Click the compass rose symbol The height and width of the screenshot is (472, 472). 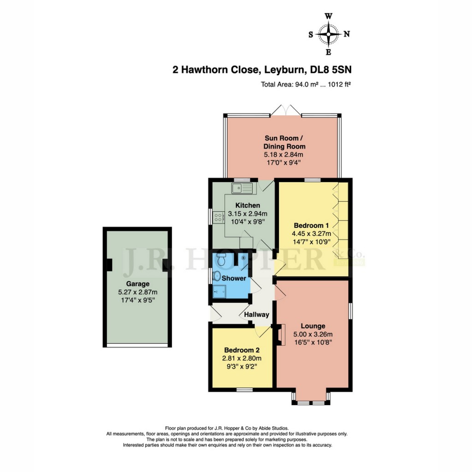[329, 34]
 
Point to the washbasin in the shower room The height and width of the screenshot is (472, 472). [217, 277]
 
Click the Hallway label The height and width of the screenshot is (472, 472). [257, 314]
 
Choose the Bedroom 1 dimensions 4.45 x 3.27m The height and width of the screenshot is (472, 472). [312, 234]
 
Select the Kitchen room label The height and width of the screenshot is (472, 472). [248, 205]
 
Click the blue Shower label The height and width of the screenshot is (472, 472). [234, 278]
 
